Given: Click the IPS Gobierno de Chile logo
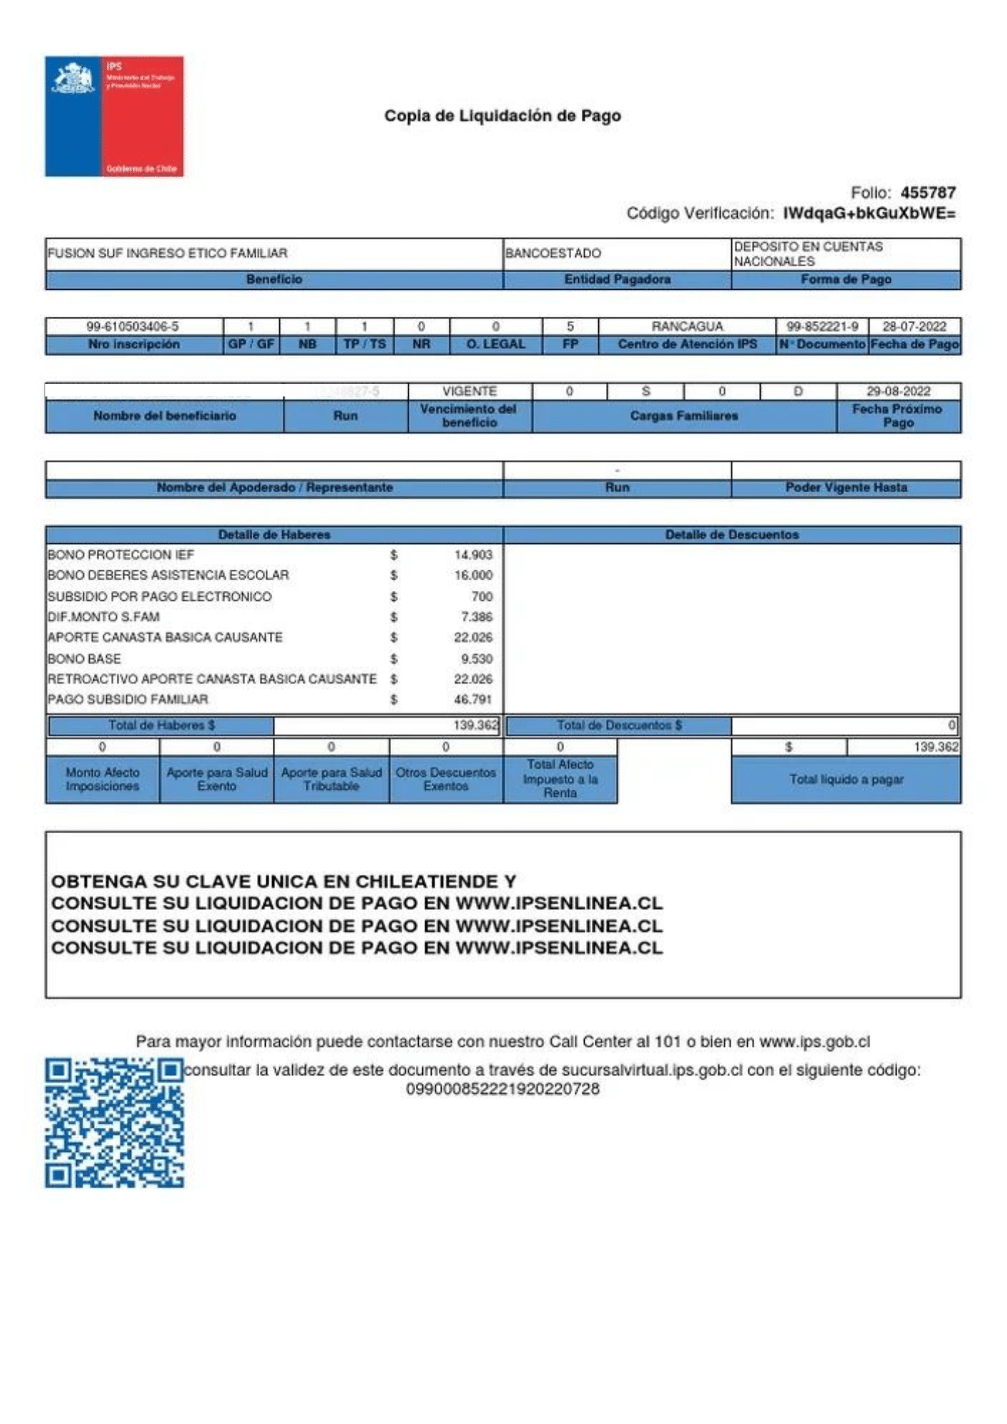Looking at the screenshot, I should tap(114, 116).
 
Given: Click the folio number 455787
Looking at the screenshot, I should tap(927, 192).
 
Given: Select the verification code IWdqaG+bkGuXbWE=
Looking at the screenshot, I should tap(869, 214).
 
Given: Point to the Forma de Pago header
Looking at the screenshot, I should tap(845, 280).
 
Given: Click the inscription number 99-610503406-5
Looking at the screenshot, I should tap(132, 327).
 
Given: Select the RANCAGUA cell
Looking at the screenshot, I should tap(687, 327).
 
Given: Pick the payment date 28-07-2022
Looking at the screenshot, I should tap(914, 327).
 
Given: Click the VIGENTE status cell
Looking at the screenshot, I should tap(469, 392).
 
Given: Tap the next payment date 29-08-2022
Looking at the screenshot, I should tap(898, 392).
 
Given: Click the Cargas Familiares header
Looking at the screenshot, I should tap(684, 416).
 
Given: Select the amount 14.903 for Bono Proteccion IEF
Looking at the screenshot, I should tap(473, 555).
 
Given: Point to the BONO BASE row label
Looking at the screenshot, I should tap(84, 659).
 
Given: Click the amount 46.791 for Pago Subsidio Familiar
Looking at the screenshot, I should tap(473, 699).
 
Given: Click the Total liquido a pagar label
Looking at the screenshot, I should tap(845, 780).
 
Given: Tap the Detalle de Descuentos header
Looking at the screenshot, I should tap(731, 535).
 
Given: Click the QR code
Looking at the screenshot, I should tap(114, 1122).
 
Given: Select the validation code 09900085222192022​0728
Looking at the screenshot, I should tap(502, 1089).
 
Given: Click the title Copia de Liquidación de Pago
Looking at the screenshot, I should tap(502, 115).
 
